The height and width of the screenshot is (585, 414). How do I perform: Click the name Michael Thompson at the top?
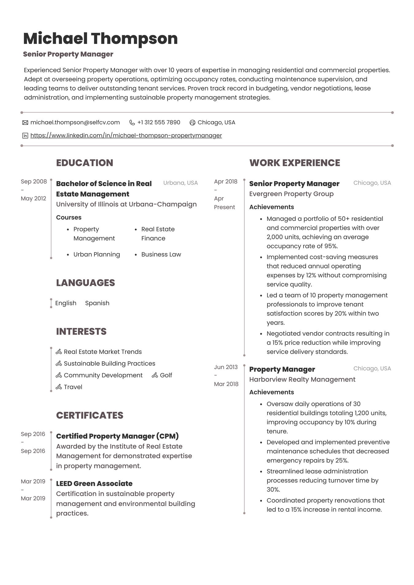[100, 39]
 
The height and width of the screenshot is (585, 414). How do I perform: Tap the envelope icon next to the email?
[25, 123]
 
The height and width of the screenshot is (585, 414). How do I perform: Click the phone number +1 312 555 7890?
[159, 122]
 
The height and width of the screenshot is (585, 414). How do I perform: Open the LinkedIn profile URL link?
[126, 135]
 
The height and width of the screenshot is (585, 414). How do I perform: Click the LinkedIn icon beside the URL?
[25, 136]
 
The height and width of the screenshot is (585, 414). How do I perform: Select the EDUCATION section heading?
[84, 163]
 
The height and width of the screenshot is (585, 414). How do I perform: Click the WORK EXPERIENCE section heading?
[294, 163]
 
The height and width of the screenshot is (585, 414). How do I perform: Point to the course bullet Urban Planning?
[97, 254]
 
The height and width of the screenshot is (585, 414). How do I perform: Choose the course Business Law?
[161, 254]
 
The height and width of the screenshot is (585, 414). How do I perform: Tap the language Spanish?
[97, 303]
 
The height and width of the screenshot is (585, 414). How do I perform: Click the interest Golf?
[166, 375]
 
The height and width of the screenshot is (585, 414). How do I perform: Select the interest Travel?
[73, 387]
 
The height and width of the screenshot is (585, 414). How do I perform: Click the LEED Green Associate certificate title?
[94, 483]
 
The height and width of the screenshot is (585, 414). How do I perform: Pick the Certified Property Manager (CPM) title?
[117, 436]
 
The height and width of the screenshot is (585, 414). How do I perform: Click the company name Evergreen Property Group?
[291, 194]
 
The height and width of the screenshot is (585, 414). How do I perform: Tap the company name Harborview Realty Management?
[302, 379]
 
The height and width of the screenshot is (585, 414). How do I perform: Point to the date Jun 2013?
[226, 367]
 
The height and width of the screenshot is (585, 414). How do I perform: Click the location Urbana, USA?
[180, 183]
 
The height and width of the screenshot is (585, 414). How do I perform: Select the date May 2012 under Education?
[33, 198]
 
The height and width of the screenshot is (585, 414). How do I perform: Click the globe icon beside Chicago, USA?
[192, 123]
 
